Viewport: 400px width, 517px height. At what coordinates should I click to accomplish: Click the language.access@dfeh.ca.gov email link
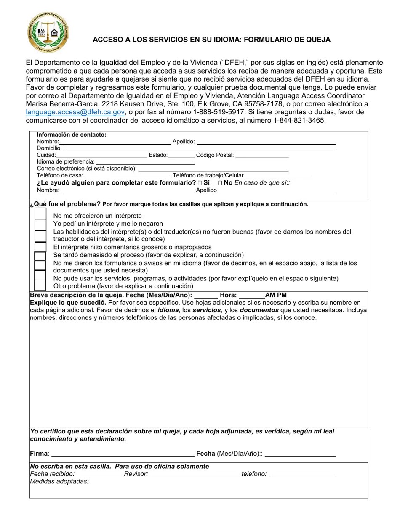pos(75,112)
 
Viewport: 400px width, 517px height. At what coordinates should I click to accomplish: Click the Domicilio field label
pos(49,148)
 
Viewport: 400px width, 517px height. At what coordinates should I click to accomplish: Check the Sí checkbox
pos(200,183)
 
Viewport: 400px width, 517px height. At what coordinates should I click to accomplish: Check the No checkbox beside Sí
pos(220,183)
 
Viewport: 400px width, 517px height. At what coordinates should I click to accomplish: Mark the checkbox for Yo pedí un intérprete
pos(40,224)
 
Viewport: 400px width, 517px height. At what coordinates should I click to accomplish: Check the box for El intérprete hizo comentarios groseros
pos(40,247)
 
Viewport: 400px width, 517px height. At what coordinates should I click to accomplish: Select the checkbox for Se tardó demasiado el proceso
pos(40,256)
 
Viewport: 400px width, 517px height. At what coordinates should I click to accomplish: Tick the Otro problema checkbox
pos(40,286)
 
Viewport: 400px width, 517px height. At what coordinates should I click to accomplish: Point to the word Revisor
pos(136,474)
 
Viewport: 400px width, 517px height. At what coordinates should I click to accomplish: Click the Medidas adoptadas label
pos(59,481)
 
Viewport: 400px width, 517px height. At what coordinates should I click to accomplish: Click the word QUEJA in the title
pos(319,40)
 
